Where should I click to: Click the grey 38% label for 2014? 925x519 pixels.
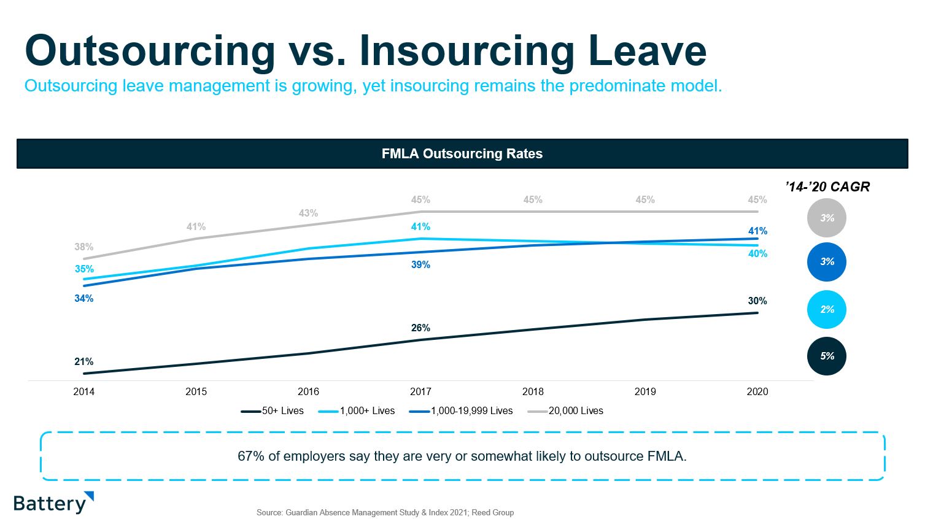[x=84, y=247]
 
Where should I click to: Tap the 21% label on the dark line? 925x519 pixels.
[x=84, y=362]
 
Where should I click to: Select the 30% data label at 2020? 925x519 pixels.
[x=757, y=301]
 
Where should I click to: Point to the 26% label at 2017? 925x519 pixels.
[x=420, y=328]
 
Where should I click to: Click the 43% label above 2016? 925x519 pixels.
[x=308, y=213]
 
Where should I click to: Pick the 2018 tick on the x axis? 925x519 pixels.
[x=533, y=391]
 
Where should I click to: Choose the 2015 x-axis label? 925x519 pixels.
[x=196, y=391]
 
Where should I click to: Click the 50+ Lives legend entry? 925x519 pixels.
[x=273, y=411]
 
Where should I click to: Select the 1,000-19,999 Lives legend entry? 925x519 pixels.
[x=462, y=411]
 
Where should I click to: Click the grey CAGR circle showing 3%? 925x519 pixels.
[x=827, y=218]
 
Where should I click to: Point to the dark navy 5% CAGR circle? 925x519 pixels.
[x=827, y=356]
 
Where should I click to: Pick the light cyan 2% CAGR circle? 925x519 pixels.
[x=827, y=310]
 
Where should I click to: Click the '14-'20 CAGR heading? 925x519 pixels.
[x=827, y=187]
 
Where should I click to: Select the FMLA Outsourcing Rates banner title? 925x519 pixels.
[x=462, y=154]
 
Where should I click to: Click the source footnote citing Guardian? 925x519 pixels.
[x=385, y=512]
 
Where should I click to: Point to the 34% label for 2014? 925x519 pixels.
[x=84, y=299]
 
